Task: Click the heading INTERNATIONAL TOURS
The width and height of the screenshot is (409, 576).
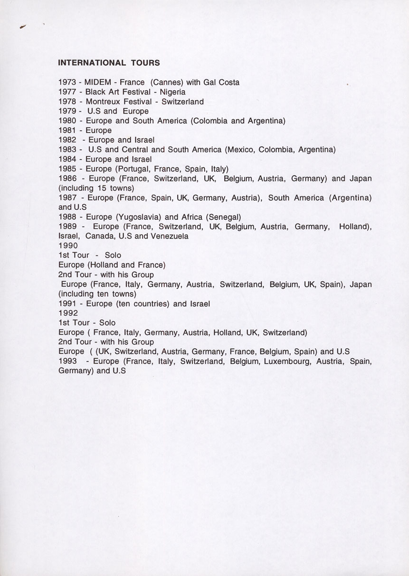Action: tap(109, 63)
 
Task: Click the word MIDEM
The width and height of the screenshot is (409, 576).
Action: tap(97, 82)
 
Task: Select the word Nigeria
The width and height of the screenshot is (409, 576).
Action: tap(173, 92)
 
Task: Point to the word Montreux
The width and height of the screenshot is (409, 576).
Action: tap(104, 102)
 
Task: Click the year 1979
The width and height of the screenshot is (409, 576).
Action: tap(67, 111)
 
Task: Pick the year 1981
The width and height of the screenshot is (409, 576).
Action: tap(67, 131)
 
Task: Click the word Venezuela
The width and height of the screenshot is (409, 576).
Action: tap(170, 236)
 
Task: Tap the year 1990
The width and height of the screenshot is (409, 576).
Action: tap(68, 246)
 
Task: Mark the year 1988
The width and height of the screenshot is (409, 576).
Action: tap(67, 217)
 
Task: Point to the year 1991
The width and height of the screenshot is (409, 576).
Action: tap(67, 303)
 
